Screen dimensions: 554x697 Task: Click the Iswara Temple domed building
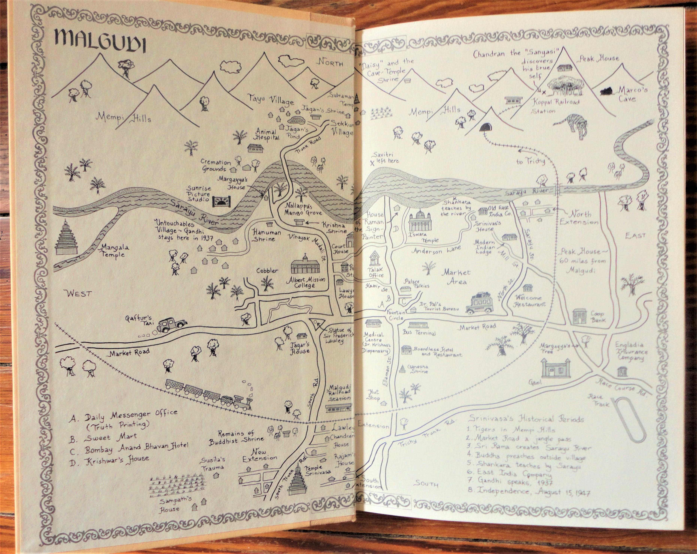420,221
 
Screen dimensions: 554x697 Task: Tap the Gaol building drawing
555,368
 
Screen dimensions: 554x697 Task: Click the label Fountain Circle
396,315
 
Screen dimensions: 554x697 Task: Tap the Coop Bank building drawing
579,316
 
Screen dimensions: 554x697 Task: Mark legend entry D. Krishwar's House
109,461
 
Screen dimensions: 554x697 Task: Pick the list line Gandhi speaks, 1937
510,481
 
